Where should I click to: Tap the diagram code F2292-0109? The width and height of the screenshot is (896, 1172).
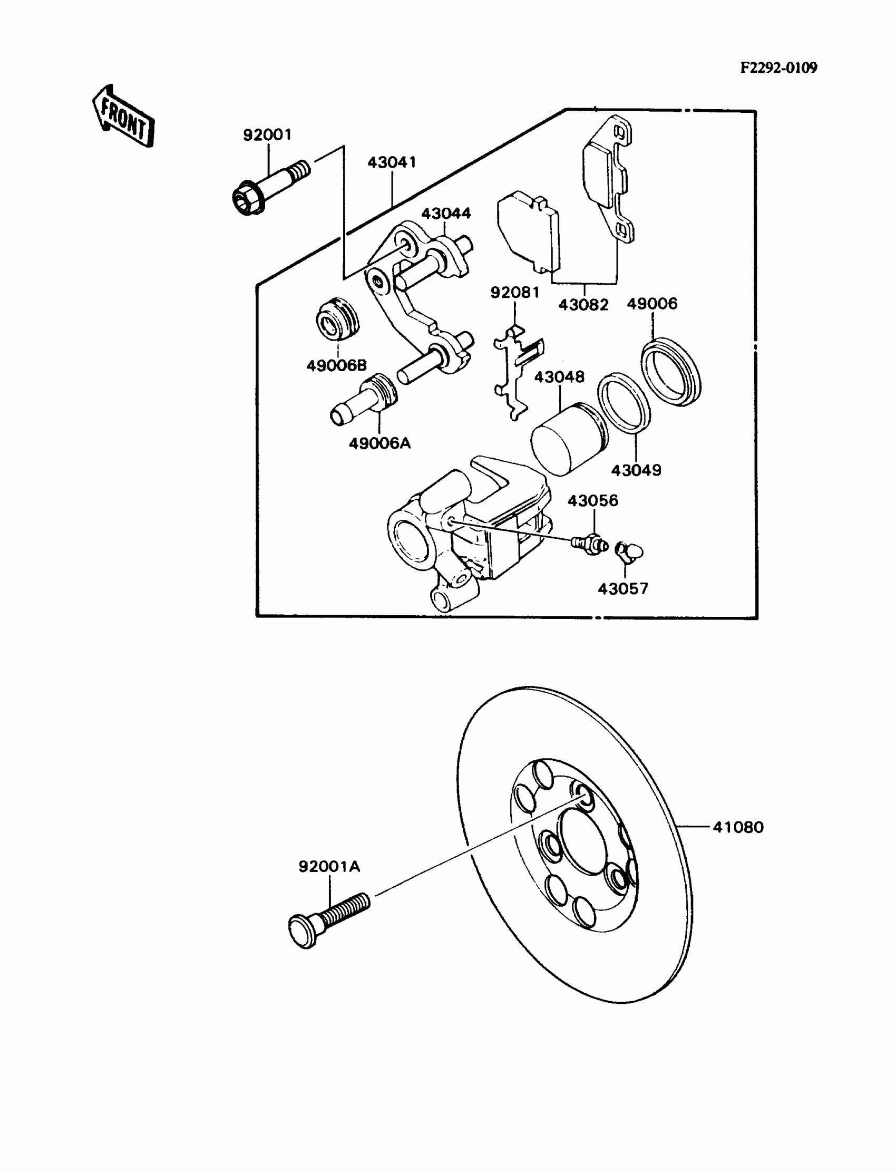[778, 68]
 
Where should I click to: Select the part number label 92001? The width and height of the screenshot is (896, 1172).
[267, 135]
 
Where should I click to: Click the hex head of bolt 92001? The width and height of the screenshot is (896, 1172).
[248, 200]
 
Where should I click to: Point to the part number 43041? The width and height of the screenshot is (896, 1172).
[392, 162]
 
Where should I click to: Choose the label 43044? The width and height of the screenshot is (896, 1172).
[446, 214]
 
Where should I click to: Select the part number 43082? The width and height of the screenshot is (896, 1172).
[583, 305]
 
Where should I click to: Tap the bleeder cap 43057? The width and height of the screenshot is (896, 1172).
[629, 550]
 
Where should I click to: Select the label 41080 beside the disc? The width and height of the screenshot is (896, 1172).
[738, 827]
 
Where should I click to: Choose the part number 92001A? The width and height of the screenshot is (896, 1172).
[329, 866]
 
